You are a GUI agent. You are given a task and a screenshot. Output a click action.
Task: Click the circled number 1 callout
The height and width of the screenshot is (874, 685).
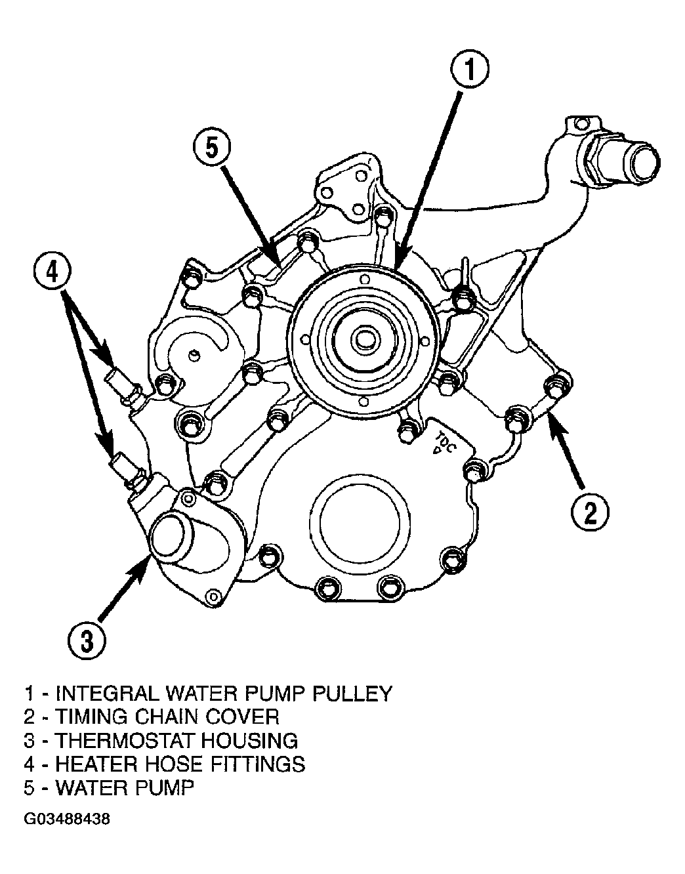(470, 71)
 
